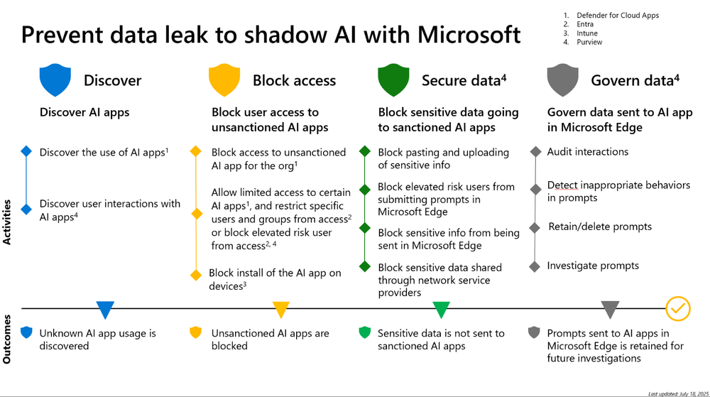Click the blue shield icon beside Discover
click(x=55, y=80)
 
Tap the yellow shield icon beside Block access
click(x=224, y=80)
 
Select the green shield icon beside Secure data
click(x=393, y=80)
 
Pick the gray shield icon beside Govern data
click(x=563, y=80)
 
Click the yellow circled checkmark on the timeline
click(x=678, y=308)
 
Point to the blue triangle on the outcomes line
click(x=105, y=310)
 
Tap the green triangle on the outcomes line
click(x=442, y=310)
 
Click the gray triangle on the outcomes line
click(x=611, y=310)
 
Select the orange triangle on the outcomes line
click(x=281, y=310)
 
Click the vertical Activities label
click(x=8, y=222)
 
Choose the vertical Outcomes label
click(x=8, y=339)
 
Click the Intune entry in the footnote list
click(x=586, y=33)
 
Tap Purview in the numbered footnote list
click(x=589, y=42)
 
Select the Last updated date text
click(x=678, y=393)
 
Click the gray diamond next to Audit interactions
click(x=535, y=152)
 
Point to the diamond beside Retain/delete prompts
click(x=535, y=228)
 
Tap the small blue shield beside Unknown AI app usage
click(x=26, y=332)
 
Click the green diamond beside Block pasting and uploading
click(x=365, y=152)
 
